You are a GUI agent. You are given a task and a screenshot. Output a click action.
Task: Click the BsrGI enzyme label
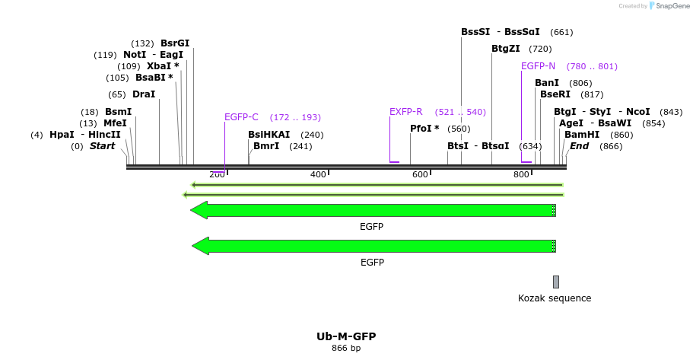(175, 43)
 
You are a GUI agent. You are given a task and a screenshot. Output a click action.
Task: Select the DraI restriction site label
(143, 94)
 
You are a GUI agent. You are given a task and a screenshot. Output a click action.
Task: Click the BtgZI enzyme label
(506, 49)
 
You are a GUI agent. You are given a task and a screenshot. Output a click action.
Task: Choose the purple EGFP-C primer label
(241, 117)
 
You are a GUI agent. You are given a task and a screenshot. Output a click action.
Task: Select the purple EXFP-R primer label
(405, 112)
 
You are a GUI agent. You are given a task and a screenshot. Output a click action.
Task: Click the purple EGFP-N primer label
(538, 66)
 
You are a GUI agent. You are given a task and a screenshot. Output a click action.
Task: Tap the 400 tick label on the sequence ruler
(318, 175)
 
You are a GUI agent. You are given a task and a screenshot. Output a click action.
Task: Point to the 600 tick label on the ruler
(420, 175)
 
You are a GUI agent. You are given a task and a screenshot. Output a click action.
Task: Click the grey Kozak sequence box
(556, 282)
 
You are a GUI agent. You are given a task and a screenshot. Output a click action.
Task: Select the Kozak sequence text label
(555, 298)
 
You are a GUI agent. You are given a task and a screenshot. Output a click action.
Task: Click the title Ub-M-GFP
(346, 336)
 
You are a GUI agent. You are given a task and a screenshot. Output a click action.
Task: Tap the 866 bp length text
(346, 349)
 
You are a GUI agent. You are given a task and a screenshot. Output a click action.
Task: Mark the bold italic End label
(580, 146)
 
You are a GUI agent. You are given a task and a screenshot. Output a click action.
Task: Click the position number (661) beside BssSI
(561, 32)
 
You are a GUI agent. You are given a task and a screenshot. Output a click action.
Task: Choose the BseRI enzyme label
(555, 94)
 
